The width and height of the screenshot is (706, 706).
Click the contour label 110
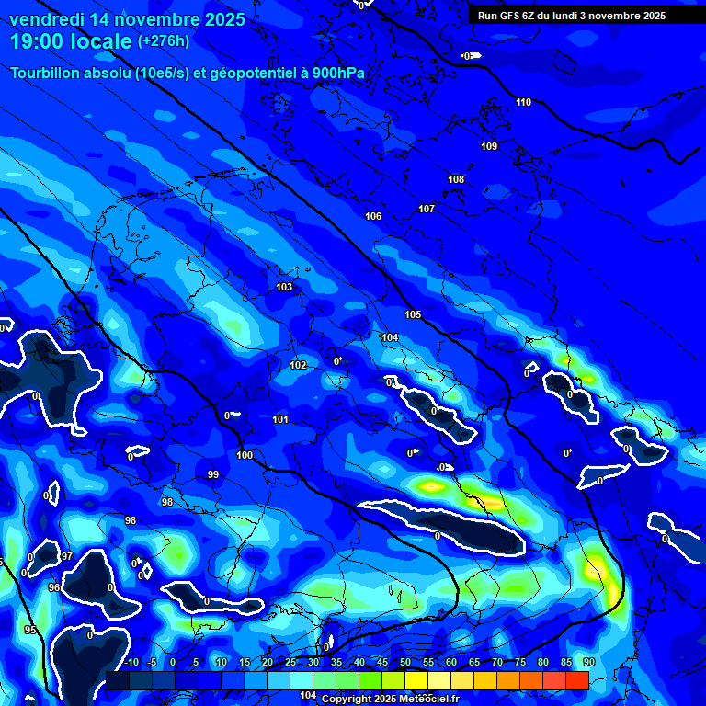click(x=523, y=102)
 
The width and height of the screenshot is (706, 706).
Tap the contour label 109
click(x=489, y=146)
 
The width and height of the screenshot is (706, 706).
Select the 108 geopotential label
click(x=456, y=179)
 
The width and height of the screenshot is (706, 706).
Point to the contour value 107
click(x=427, y=210)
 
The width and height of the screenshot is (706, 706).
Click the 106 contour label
click(x=373, y=217)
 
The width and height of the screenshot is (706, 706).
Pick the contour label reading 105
click(x=414, y=315)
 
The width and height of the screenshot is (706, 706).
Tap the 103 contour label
click(x=285, y=288)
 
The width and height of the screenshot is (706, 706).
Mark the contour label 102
click(x=299, y=366)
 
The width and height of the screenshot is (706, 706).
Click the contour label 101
click(x=280, y=420)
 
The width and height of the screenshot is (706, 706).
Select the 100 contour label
click(x=245, y=455)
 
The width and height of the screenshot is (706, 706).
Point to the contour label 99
click(x=213, y=475)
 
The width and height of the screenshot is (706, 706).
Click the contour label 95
click(x=30, y=630)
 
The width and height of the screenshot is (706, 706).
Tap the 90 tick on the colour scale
click(x=588, y=662)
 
